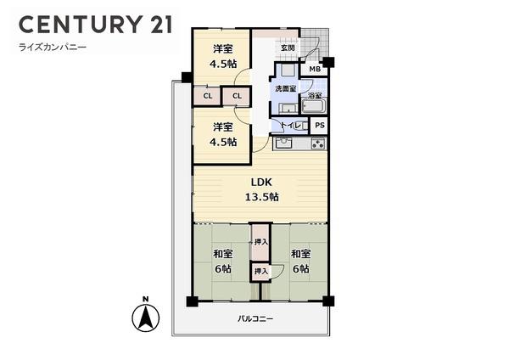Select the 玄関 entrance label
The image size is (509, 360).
point(288,48)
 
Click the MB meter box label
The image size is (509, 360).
point(313,69)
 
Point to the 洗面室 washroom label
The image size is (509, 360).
point(286,89)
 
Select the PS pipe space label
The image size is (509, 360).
point(319,125)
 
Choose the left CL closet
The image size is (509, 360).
point(206,96)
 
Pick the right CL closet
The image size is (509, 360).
point(236,96)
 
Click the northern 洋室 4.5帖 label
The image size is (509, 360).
point(222,56)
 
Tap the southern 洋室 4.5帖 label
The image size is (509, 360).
point(222,133)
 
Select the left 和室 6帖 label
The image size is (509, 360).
point(222,261)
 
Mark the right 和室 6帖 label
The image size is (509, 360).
point(300,261)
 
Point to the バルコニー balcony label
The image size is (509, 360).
point(255,318)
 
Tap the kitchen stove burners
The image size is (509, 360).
point(317,143)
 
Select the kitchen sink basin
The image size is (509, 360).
point(283,143)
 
